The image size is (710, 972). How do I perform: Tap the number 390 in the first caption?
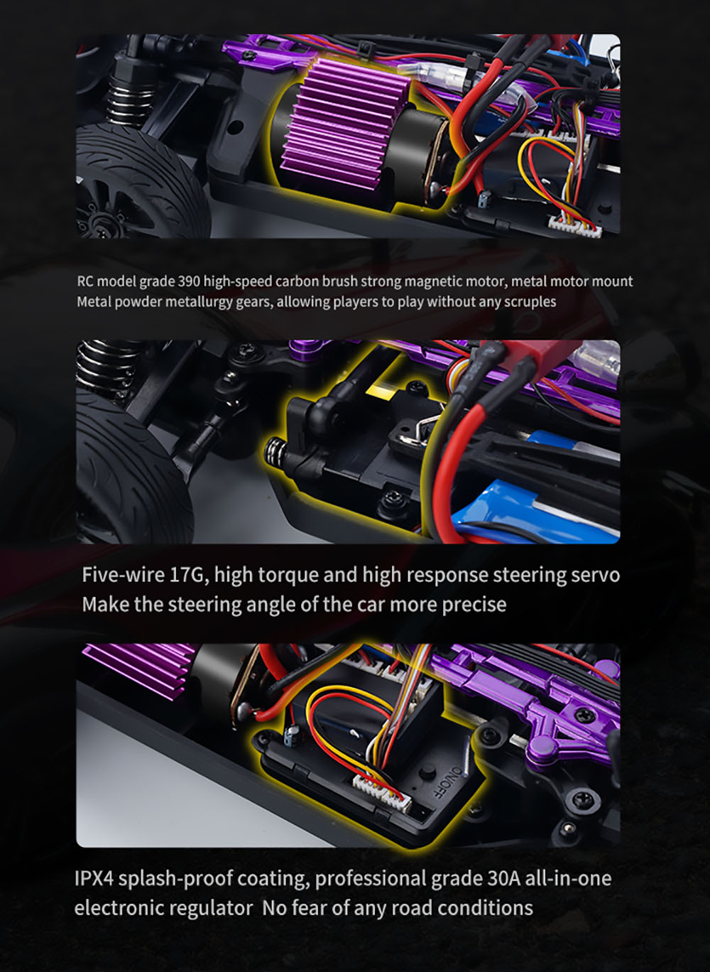190,281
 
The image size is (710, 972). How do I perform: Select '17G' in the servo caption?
188,574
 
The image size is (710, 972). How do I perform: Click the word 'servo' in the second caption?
595,574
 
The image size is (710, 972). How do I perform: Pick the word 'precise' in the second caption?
474,605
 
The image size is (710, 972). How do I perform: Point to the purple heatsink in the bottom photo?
135,675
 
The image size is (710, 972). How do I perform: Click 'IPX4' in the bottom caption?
94,879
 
